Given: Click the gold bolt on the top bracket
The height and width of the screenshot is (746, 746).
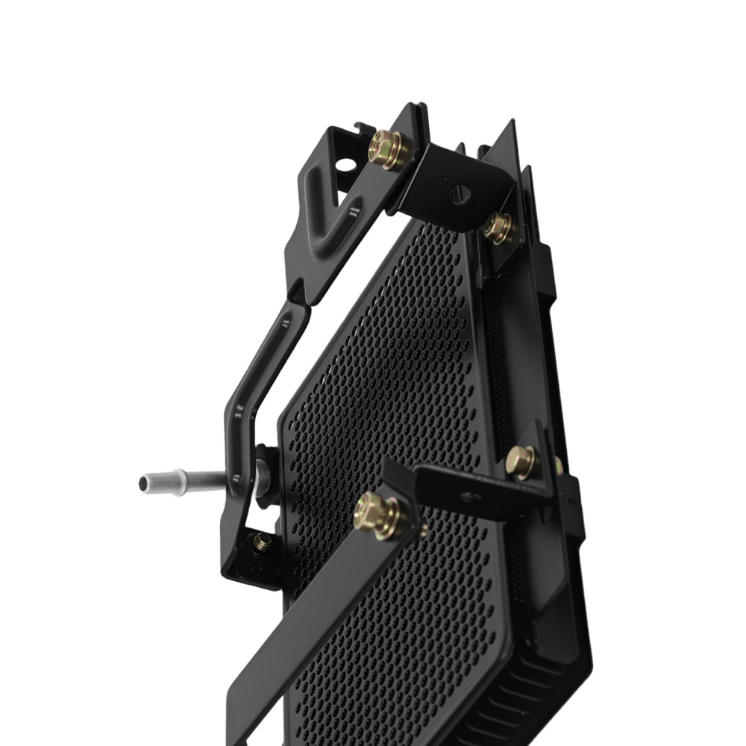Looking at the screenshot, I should (389, 149).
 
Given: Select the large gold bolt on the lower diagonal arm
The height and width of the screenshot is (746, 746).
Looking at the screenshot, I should (377, 515).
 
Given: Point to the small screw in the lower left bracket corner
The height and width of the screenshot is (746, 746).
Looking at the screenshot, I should (261, 542).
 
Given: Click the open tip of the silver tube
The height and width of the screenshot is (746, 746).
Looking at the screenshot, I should (144, 483).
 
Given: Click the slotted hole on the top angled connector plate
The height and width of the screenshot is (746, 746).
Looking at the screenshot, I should (461, 192).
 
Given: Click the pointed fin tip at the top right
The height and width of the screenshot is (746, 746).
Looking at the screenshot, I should (511, 127).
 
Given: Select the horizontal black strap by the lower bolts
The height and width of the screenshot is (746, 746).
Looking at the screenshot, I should (477, 492).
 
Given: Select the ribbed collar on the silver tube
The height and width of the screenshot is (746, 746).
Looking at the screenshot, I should (178, 482).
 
